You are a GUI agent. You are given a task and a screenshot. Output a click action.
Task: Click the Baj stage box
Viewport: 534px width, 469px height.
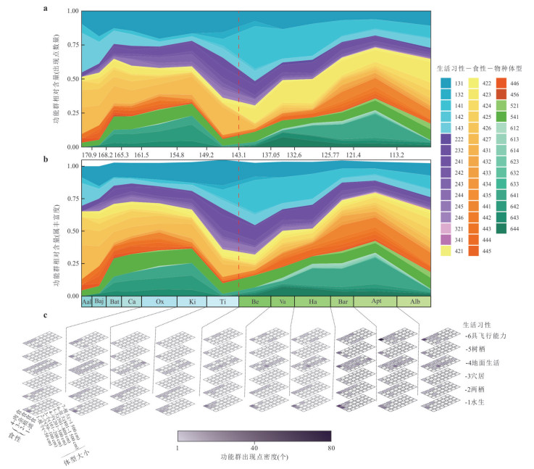tap(99, 302)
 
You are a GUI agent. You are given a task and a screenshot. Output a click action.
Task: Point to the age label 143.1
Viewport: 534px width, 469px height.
tap(240, 154)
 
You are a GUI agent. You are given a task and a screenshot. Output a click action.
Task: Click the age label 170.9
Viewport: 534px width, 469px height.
tap(89, 154)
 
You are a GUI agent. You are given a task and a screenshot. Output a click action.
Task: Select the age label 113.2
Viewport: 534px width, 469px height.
tap(396, 154)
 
